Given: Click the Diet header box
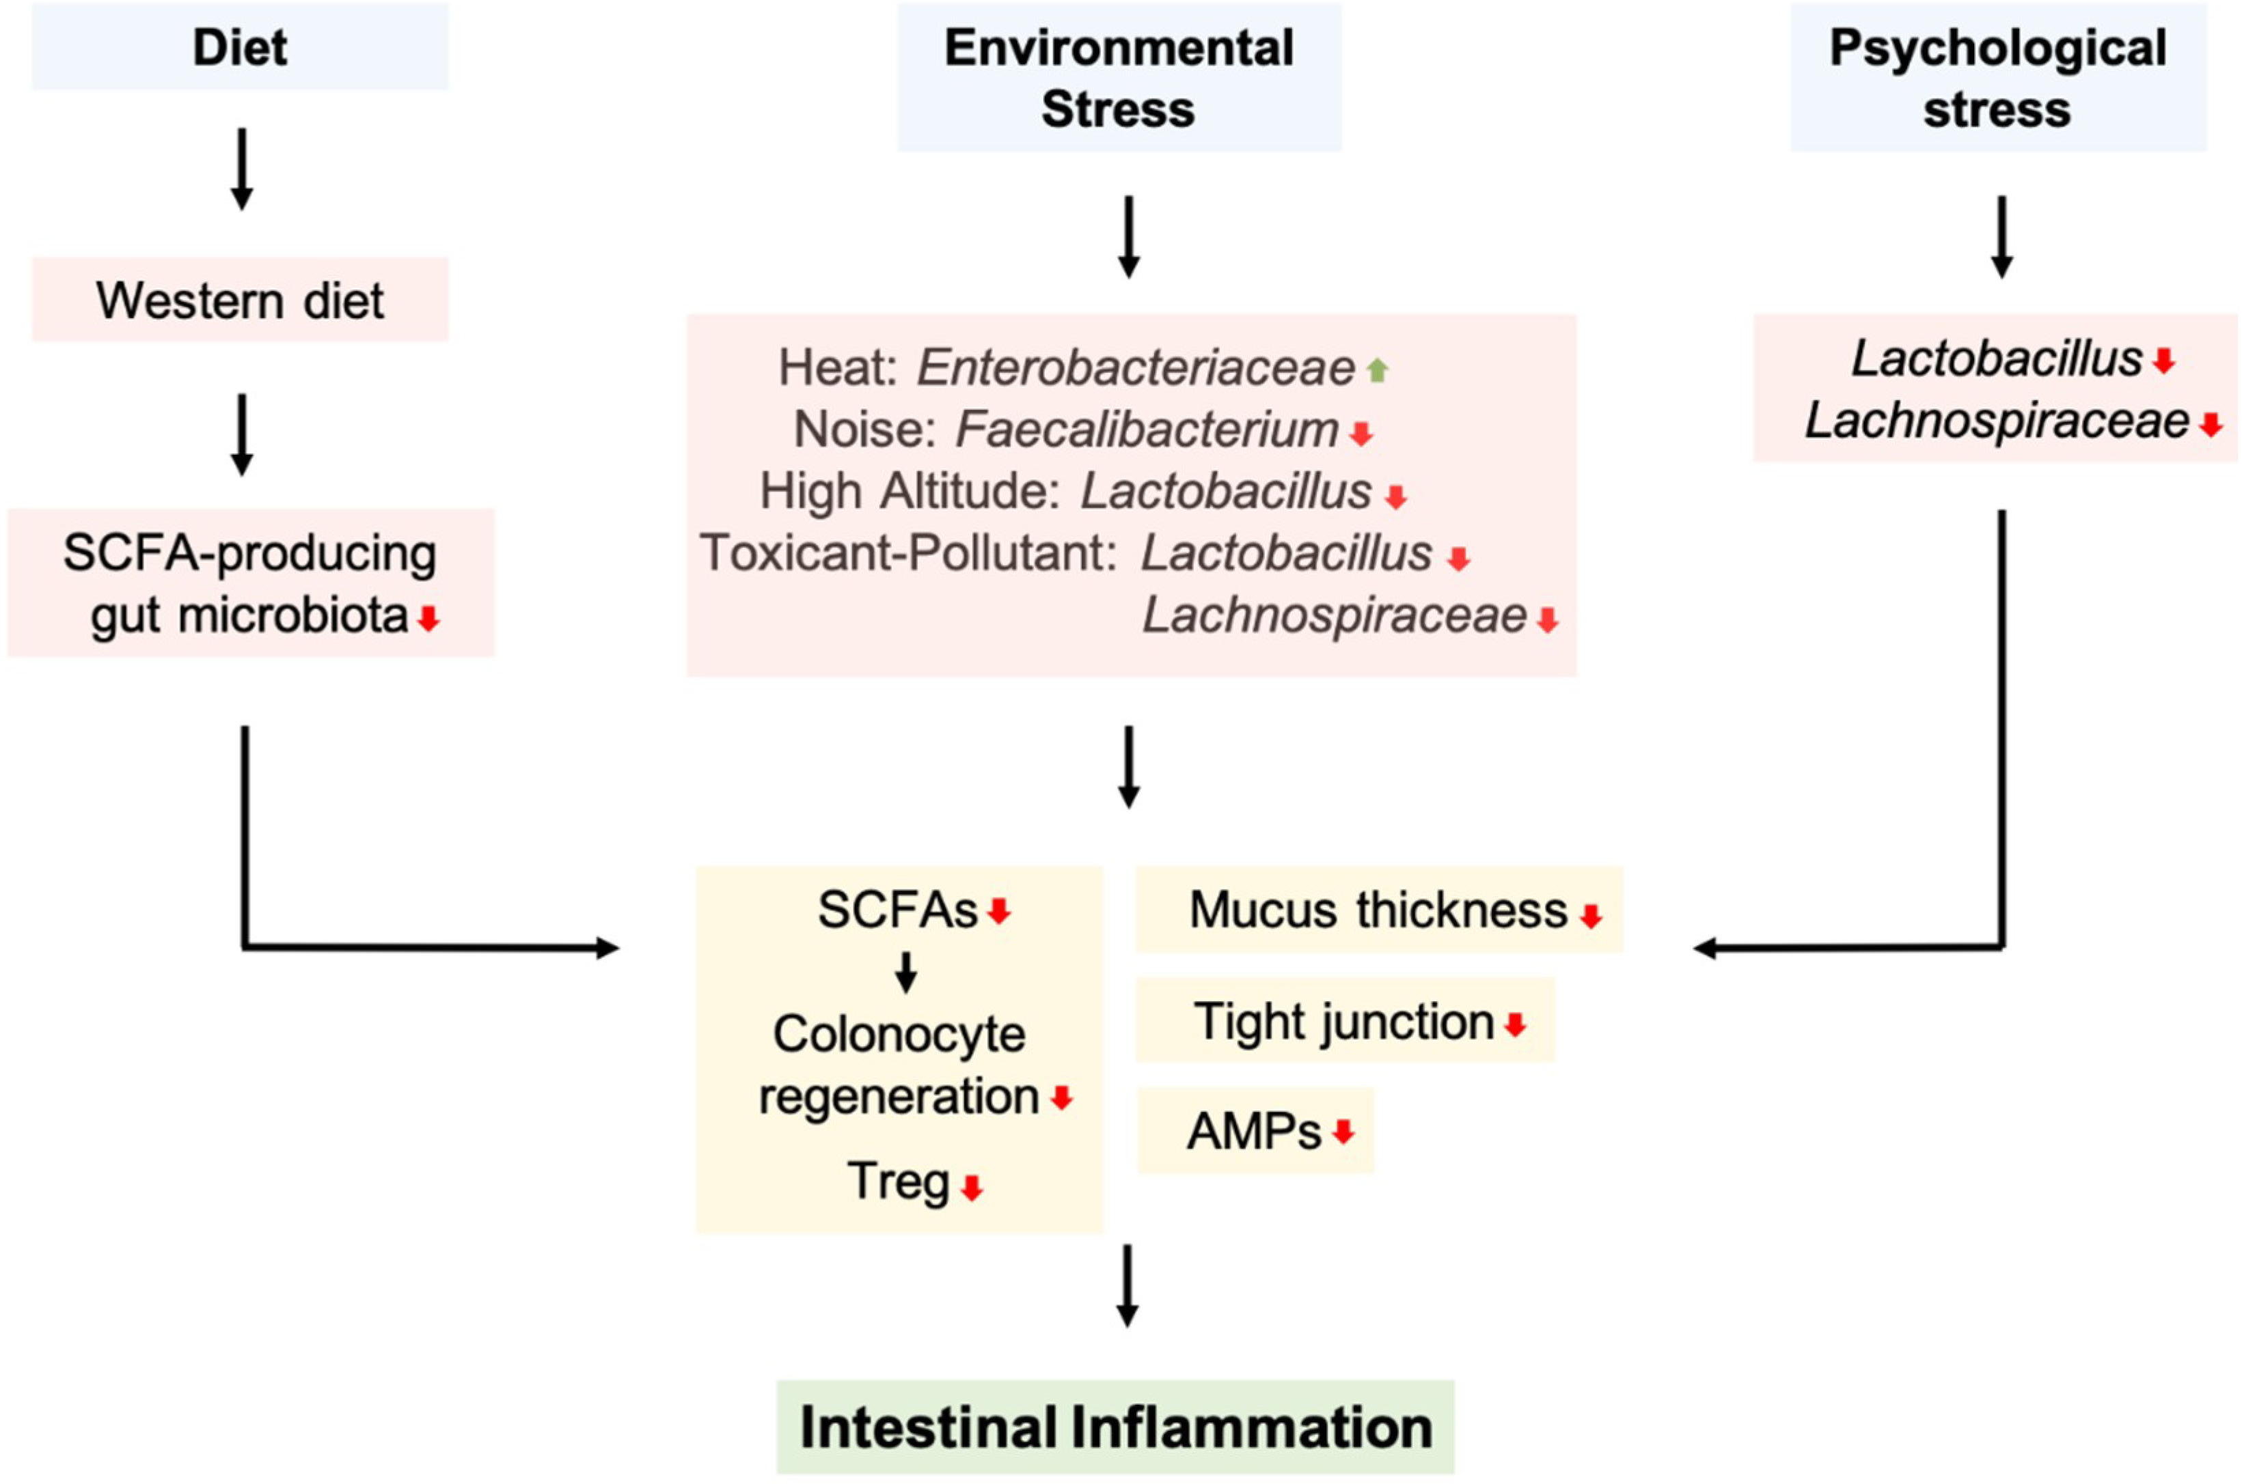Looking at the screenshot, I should tap(240, 47).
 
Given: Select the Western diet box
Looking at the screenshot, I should tap(240, 300).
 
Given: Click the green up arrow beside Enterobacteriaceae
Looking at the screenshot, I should tap(1378, 370).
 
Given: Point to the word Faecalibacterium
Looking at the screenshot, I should tap(1147, 430).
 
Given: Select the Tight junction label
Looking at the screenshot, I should tap(1343, 1021).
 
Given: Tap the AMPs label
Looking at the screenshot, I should tap(1253, 1131).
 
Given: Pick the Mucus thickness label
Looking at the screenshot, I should tap(1378, 910).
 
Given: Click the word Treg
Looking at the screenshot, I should tap(897, 1181).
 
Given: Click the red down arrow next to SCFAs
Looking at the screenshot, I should tap(998, 912).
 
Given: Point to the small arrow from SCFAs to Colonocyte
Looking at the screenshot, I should tap(906, 972).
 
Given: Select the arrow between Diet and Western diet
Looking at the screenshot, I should tap(242, 169).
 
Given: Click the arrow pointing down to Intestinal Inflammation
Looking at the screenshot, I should tap(1127, 1286).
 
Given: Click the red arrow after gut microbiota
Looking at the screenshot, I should tap(428, 620).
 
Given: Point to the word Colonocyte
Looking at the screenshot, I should tap(898, 1034).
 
